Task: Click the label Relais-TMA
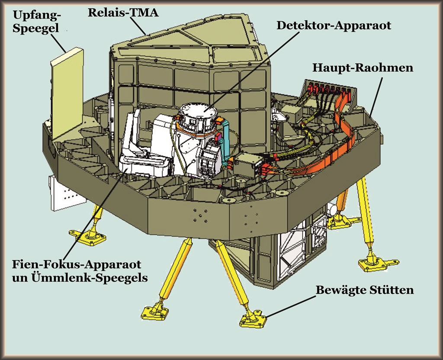(x=123, y=12)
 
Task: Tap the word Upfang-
(x=37, y=15)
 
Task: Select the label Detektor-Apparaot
(x=334, y=25)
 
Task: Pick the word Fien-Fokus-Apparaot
(x=77, y=264)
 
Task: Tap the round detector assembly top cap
(x=198, y=111)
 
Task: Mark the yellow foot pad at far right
(x=378, y=262)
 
